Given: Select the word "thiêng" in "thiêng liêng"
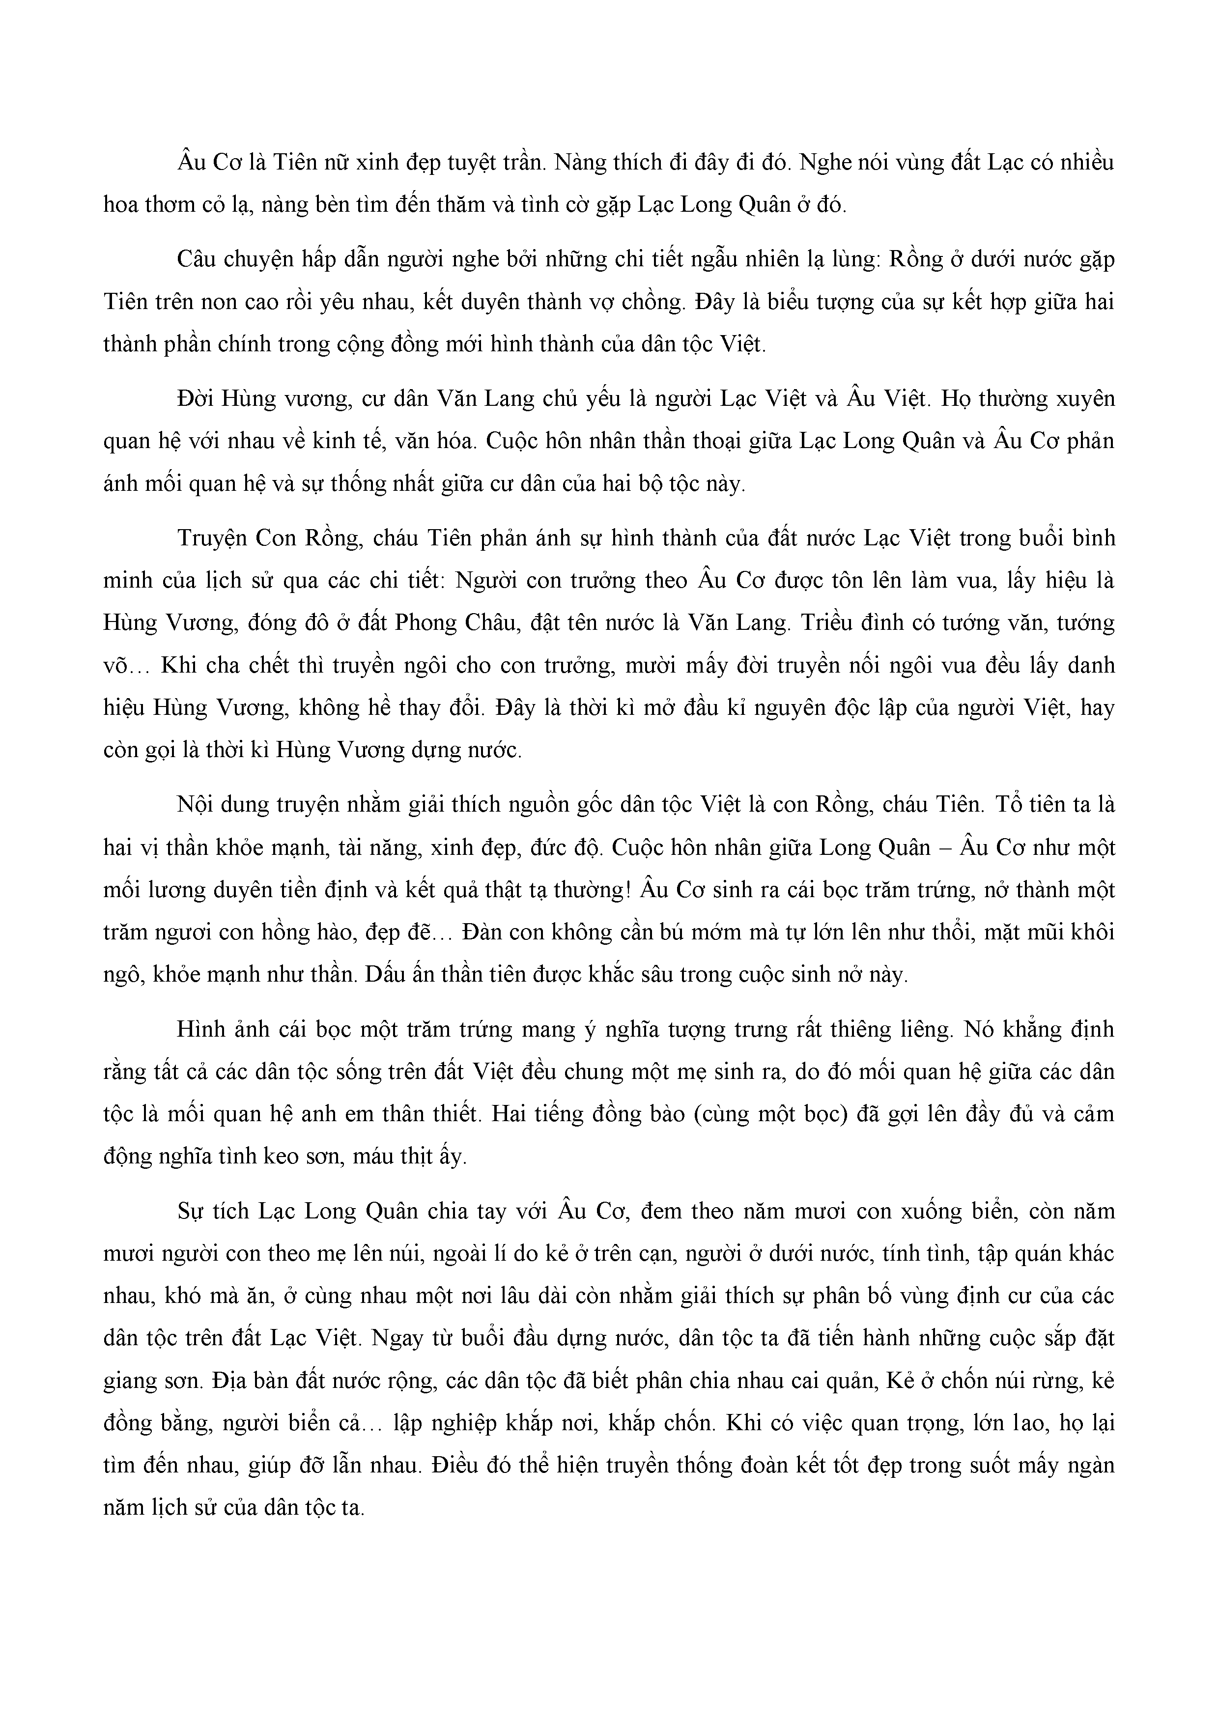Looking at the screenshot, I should [x=845, y=1029].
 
